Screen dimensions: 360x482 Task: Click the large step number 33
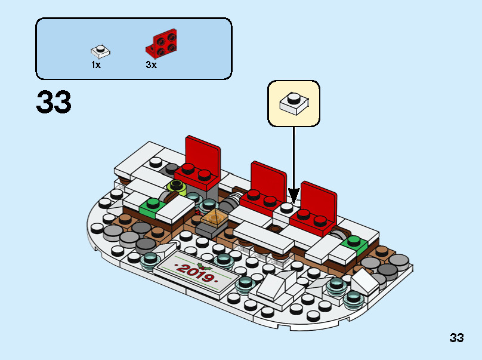[54, 103]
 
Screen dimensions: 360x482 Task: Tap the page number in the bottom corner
[456, 338]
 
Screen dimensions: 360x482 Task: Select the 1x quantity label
[96, 65]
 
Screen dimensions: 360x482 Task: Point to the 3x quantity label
[151, 65]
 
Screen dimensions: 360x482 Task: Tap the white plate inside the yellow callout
[294, 103]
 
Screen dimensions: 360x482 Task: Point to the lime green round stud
[177, 187]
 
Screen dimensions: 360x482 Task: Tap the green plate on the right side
[354, 243]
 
